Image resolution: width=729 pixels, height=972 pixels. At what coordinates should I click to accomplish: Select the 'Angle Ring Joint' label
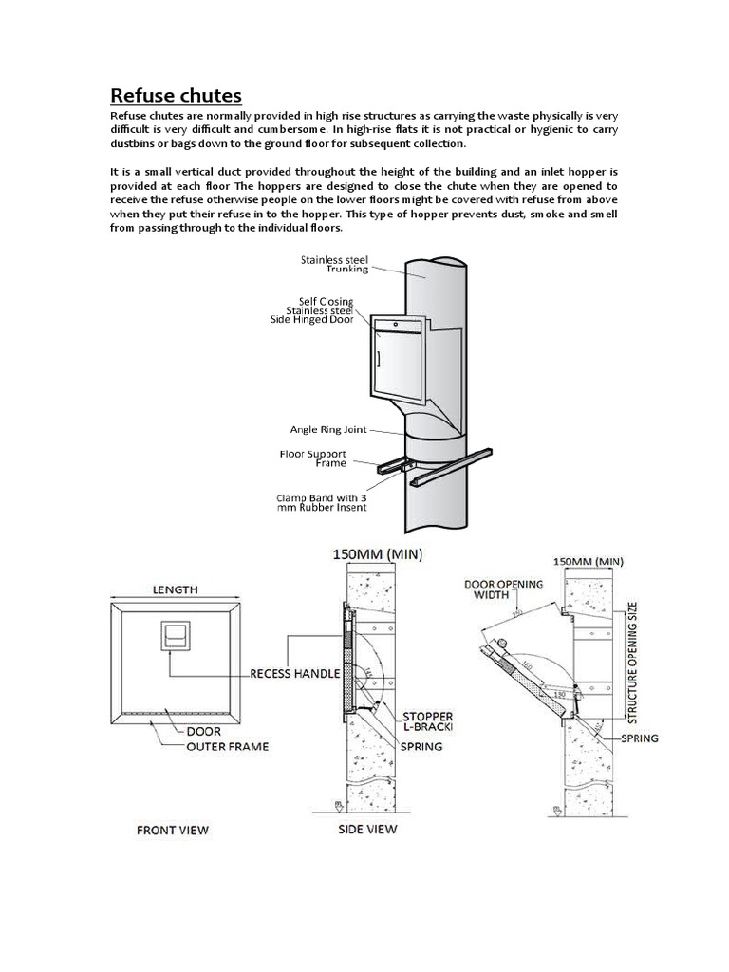(323, 430)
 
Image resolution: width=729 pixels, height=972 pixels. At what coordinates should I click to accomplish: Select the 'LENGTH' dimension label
(175, 589)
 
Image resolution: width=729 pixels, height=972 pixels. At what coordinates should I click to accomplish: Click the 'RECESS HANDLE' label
(295, 673)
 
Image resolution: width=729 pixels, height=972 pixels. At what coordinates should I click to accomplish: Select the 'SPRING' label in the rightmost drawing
(640, 736)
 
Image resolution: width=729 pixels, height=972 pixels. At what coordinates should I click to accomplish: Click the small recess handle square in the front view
(175, 636)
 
